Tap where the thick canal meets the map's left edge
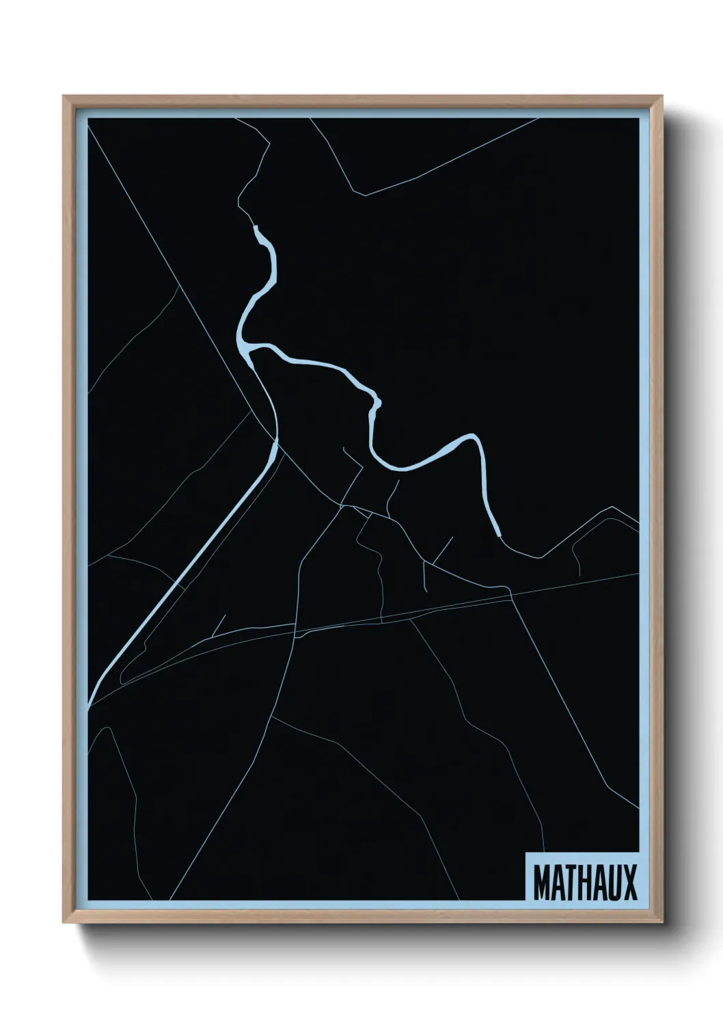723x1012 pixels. [90, 704]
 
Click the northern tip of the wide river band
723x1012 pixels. [256, 227]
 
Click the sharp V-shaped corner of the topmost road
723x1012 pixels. [365, 196]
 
